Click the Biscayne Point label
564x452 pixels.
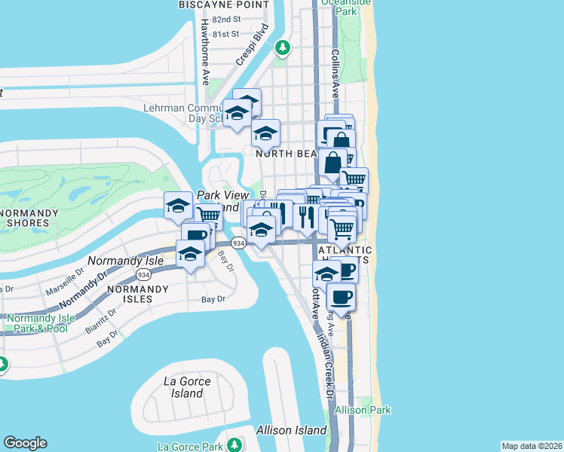pyautogui.click(x=224, y=5)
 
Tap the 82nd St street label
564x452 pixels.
pyautogui.click(x=225, y=19)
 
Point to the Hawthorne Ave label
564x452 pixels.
pyautogui.click(x=204, y=52)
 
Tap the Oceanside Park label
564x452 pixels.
pyautogui.click(x=357, y=8)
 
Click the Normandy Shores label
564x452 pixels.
pyautogui.click(x=29, y=218)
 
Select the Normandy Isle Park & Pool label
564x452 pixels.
pyautogui.click(x=41, y=323)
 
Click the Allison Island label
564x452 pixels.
pyautogui.click(x=292, y=430)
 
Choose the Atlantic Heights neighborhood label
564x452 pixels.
pyautogui.click(x=345, y=255)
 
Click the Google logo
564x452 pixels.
pyautogui.click(x=25, y=443)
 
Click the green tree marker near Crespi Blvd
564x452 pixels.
pyautogui.click(x=283, y=48)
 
